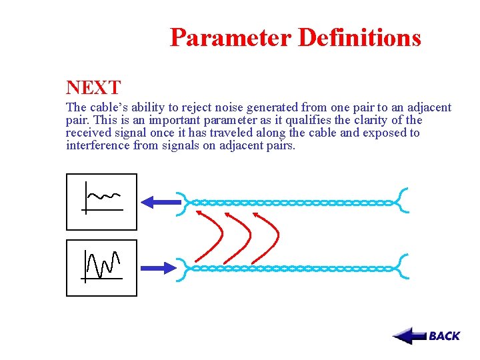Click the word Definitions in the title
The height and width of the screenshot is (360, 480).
click(359, 37)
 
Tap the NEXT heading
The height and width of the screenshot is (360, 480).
click(93, 87)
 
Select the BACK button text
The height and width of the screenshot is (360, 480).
click(444, 336)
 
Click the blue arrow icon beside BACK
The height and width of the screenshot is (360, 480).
click(409, 335)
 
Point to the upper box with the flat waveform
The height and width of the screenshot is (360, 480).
click(101, 201)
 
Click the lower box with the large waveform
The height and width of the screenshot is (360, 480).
click(101, 267)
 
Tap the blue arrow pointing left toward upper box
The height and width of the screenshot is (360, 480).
click(161, 201)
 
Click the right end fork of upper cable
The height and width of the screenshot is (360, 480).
click(402, 201)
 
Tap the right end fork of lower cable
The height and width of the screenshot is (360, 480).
click(402, 267)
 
